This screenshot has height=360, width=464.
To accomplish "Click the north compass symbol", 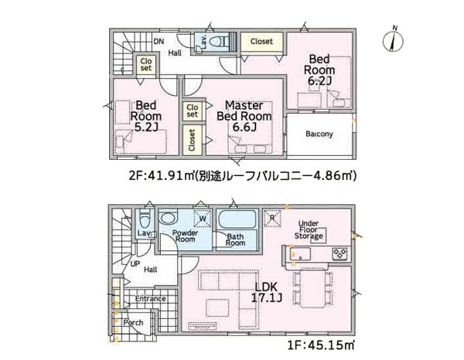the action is (x=394, y=40).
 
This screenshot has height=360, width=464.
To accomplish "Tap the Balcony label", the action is (x=319, y=134).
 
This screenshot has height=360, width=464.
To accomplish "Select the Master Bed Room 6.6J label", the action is (x=244, y=116).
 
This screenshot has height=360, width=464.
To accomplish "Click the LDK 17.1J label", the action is (x=266, y=292).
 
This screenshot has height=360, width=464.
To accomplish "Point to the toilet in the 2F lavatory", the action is (x=220, y=41).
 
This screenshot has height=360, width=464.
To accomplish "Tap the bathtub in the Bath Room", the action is (x=237, y=219).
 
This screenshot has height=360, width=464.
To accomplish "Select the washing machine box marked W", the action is (x=203, y=219).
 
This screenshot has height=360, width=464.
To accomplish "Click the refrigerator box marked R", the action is (x=272, y=218).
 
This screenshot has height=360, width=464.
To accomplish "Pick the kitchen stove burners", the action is (x=340, y=253).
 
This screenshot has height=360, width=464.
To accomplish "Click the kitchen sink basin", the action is (x=300, y=254).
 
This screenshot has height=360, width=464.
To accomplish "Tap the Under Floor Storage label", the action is (x=309, y=229).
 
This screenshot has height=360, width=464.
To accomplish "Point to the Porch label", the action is (x=133, y=322).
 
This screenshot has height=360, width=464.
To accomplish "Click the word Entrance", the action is (x=150, y=298).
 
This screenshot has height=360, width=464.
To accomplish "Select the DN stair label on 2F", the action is (x=159, y=42).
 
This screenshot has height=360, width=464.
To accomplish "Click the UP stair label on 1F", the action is (x=135, y=263).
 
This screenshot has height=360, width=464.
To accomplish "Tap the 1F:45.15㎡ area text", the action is (x=321, y=345).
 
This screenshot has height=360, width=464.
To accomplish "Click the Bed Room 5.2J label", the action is (x=146, y=116).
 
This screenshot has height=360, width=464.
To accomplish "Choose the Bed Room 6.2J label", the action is (x=319, y=70).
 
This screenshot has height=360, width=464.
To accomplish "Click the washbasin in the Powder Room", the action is (x=168, y=218).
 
